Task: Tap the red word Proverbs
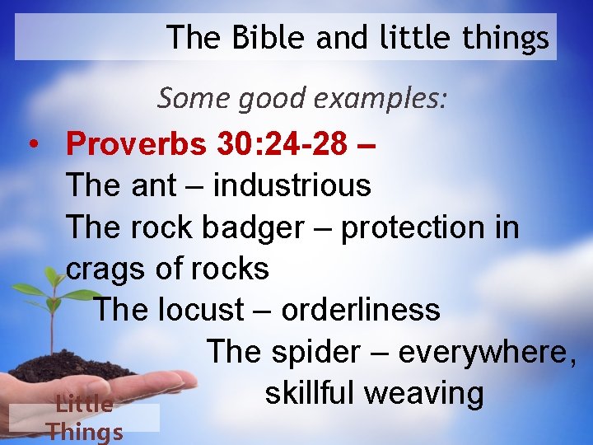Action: pos(137,143)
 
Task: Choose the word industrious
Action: pos(292,185)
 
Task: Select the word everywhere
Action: pos(487,352)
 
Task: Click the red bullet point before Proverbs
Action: pos(31,144)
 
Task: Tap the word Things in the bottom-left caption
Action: pos(85,431)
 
